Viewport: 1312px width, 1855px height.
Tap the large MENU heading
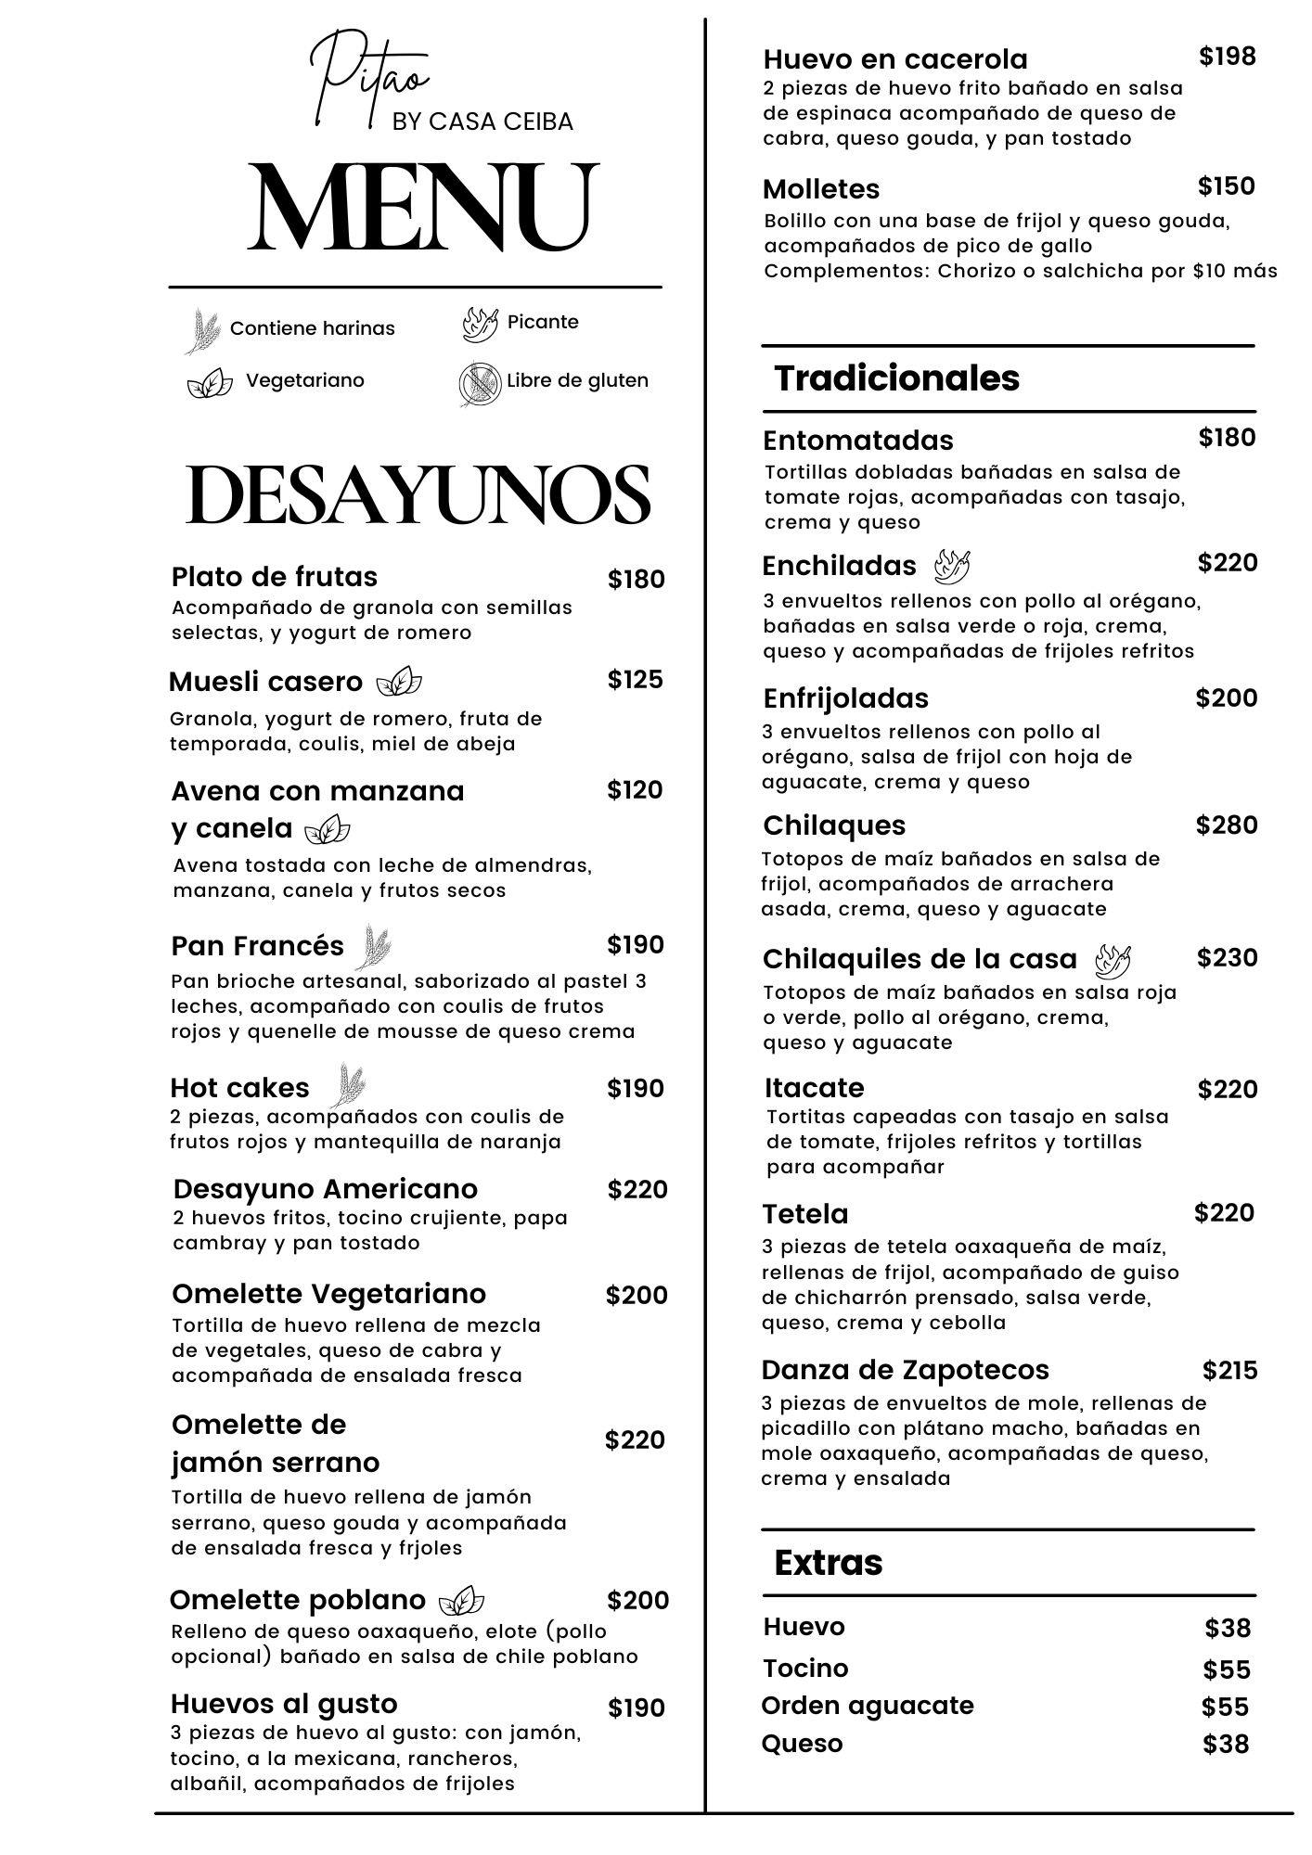coord(422,209)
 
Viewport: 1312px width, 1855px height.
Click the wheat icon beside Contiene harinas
coord(202,332)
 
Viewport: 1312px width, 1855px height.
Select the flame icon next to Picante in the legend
coord(480,324)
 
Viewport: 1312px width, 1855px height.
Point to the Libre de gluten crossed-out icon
coord(479,383)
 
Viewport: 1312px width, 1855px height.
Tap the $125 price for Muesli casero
coord(636,680)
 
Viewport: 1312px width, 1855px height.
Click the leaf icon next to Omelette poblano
coord(461,1601)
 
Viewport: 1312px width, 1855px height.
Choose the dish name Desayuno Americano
coord(325,1189)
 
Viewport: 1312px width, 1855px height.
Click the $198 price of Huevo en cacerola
coord(1227,57)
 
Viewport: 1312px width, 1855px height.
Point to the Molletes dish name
coord(821,189)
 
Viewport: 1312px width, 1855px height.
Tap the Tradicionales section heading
coord(896,378)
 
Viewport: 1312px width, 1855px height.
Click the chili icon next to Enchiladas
coord(952,565)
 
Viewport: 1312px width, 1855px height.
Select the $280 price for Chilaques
coord(1226,825)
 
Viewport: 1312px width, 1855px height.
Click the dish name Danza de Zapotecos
coord(905,1370)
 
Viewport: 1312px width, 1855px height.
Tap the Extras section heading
coord(828,1563)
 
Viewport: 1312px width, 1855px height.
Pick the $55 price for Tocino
coord(1227,1669)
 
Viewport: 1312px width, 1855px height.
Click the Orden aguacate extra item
coord(868,1706)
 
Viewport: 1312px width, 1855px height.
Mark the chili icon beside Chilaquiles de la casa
coord(1113,961)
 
